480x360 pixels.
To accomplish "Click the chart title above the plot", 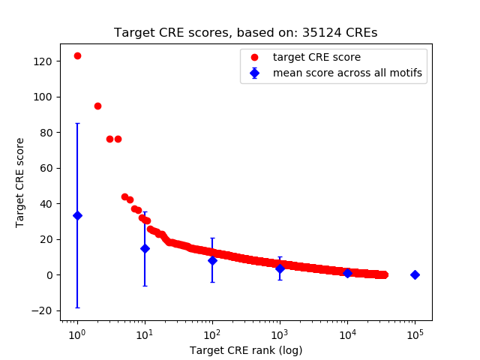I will (245, 33).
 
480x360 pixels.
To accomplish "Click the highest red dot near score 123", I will (77, 56).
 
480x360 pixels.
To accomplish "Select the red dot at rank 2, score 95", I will (97, 106).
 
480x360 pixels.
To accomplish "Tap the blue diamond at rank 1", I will (77, 215).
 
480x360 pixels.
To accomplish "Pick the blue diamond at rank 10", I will (145, 248).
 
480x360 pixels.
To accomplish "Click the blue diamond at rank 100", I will (212, 260).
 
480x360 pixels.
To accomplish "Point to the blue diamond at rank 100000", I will (415, 274).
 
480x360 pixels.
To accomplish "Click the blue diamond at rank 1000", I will (280, 268).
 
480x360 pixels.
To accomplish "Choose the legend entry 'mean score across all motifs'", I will (347, 73).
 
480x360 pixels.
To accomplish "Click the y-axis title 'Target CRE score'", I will (20, 182).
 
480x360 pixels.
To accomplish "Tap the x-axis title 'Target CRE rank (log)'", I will (245, 350).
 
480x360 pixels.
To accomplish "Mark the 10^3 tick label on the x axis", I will (280, 333).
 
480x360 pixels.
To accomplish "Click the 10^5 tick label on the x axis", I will (415, 333).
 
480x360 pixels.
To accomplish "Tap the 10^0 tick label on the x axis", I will (77, 333).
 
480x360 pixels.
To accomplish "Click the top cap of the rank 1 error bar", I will (77, 124).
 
